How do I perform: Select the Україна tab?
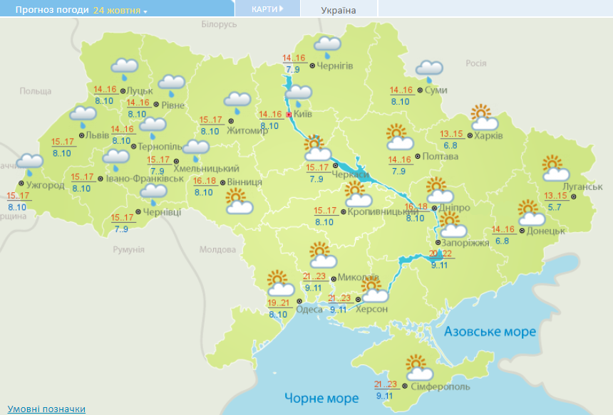point(339,10)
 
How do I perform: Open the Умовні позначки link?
point(46,409)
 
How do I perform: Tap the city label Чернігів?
point(335,66)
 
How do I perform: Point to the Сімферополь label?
point(440,387)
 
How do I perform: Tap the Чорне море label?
point(321,397)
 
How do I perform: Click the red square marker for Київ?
point(288,115)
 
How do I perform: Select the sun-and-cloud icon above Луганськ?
point(555,169)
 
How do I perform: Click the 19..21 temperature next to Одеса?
point(279,303)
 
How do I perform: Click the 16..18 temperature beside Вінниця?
point(205,181)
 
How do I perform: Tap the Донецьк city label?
point(547,231)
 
